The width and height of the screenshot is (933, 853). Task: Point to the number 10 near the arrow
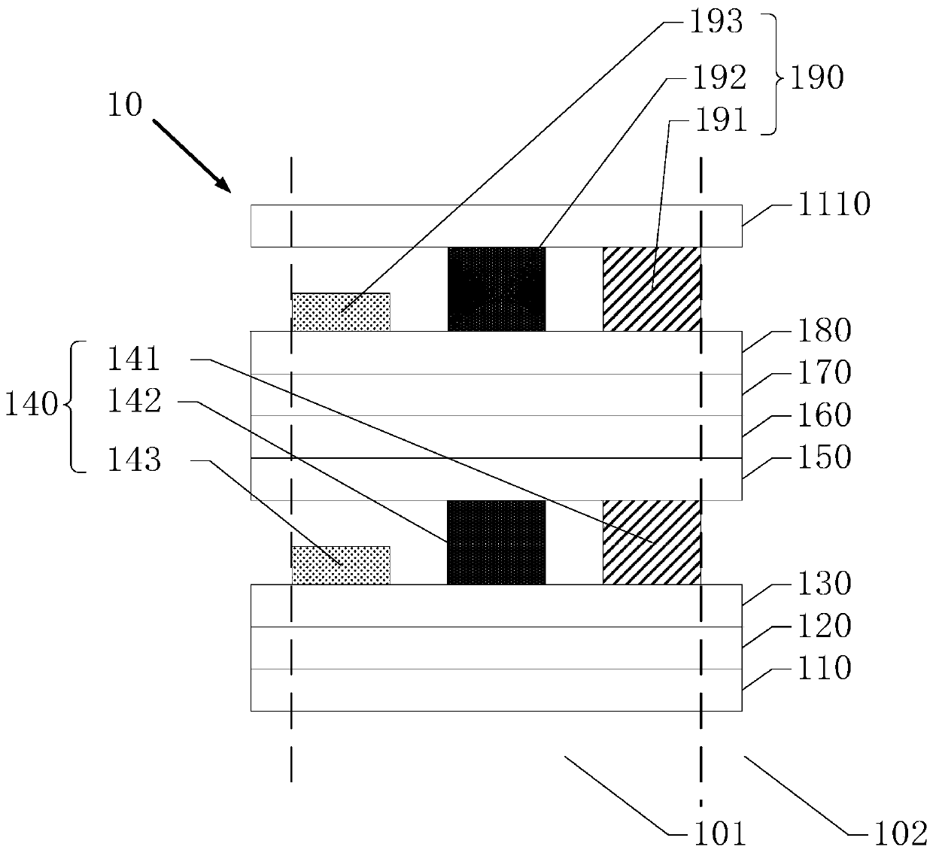pyautogui.click(x=124, y=105)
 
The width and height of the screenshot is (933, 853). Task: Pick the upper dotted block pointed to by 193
pyautogui.click(x=341, y=311)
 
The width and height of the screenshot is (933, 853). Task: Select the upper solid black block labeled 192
pyautogui.click(x=497, y=289)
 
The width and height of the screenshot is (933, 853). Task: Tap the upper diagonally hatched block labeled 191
pyautogui.click(x=652, y=289)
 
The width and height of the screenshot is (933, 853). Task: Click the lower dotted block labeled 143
pyautogui.click(x=341, y=565)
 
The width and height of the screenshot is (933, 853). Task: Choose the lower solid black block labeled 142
pyautogui.click(x=497, y=542)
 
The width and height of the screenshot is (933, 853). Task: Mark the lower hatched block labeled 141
pyautogui.click(x=652, y=542)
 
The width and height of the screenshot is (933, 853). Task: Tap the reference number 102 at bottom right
pyautogui.click(x=898, y=833)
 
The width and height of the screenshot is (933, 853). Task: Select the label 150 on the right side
pyautogui.click(x=822, y=457)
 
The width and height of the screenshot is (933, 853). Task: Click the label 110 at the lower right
pyautogui.click(x=822, y=668)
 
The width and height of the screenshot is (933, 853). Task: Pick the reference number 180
pyautogui.click(x=822, y=331)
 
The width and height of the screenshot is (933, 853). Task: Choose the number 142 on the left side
pyautogui.click(x=134, y=402)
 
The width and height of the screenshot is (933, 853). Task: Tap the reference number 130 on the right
pyautogui.click(x=822, y=584)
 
